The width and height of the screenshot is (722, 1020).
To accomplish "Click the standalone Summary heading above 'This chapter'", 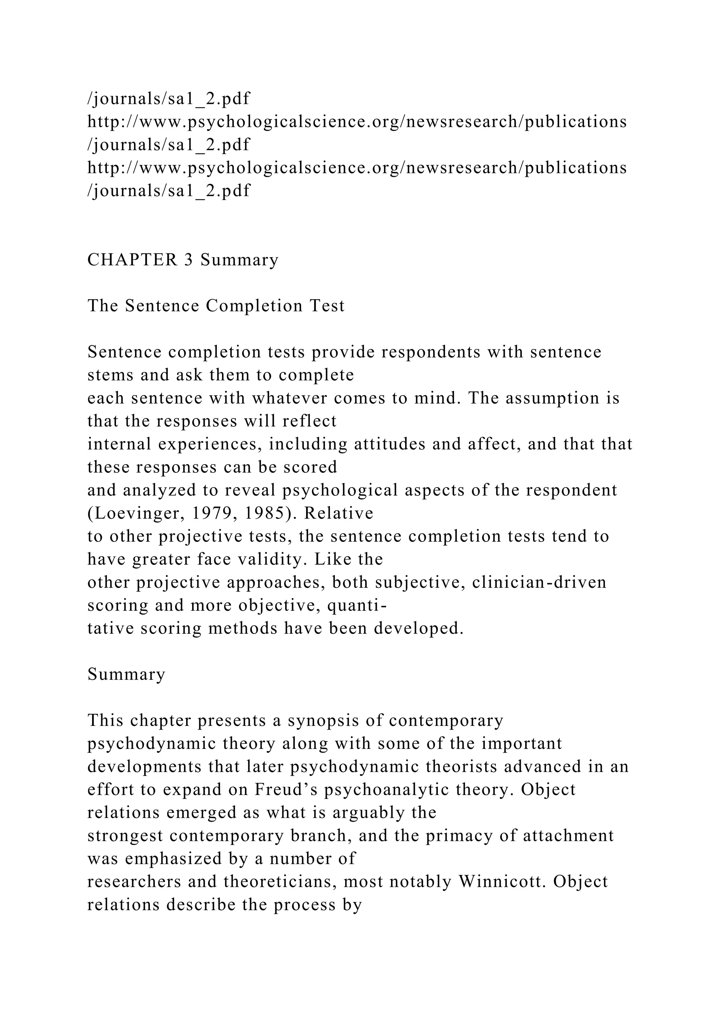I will coord(126,674).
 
